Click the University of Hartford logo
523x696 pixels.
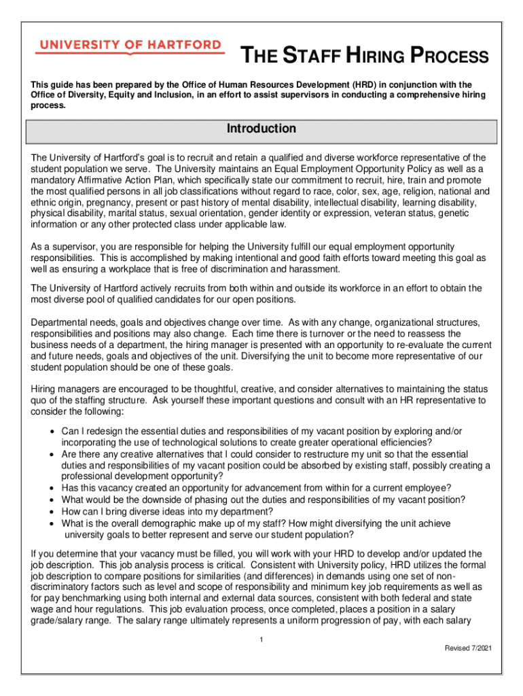129,46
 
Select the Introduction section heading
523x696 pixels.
261,129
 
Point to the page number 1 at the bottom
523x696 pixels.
261,640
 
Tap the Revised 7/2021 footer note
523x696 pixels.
468,648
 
